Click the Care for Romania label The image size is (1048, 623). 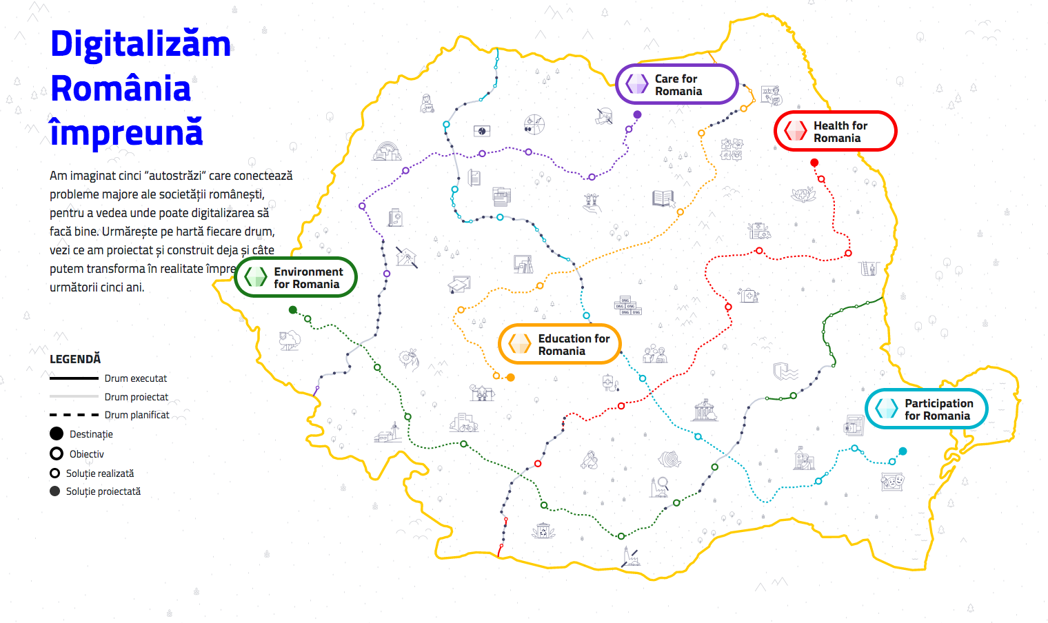tap(677, 85)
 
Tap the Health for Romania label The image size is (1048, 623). tap(836, 132)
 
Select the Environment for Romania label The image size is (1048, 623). tap(296, 278)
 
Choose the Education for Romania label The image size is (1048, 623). tap(560, 345)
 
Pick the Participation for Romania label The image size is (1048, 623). tap(927, 409)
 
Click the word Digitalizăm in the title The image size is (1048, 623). tap(141, 44)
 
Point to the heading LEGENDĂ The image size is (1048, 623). tap(75, 359)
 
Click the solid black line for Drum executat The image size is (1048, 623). tap(74, 378)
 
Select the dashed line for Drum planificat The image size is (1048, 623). tap(74, 415)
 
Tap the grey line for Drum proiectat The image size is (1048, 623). tap(74, 396)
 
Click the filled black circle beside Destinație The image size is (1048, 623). tap(57, 433)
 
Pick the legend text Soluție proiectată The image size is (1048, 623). tap(103, 491)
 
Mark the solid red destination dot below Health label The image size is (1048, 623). tap(814, 163)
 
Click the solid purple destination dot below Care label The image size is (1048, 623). tap(637, 114)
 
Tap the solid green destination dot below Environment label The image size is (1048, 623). tap(293, 310)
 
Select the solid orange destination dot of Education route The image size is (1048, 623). tap(511, 378)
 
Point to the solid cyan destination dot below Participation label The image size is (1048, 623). tap(903, 451)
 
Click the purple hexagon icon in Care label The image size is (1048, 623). tap(636, 84)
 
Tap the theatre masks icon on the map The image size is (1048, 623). tap(893, 480)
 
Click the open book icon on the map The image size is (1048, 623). tap(663, 198)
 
